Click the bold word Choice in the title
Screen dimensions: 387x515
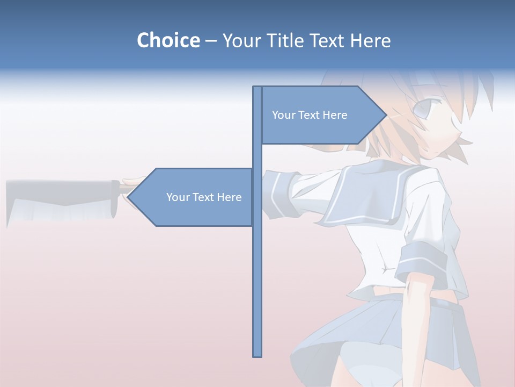pyautogui.click(x=168, y=40)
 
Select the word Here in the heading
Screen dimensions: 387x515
pyautogui.click(x=370, y=40)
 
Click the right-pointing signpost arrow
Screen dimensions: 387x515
pyautogui.click(x=322, y=115)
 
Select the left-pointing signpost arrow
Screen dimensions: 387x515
pyautogui.click(x=193, y=197)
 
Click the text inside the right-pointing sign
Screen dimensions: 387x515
pyautogui.click(x=310, y=115)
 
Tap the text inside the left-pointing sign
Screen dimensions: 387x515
pyautogui.click(x=204, y=197)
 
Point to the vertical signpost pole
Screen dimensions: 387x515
pyautogui.click(x=257, y=269)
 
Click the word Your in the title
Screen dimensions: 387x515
pyautogui.click(x=240, y=40)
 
